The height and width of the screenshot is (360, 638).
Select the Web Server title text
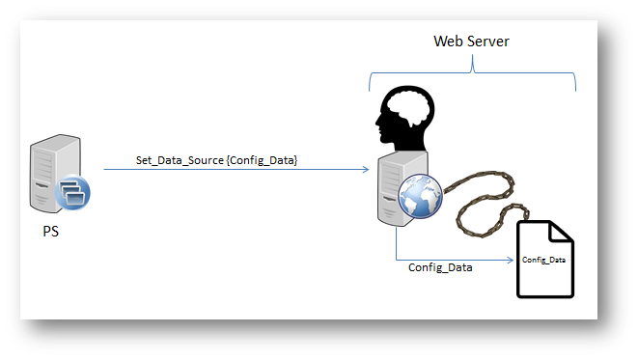point(470,42)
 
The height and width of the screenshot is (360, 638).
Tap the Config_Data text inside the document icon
point(543,260)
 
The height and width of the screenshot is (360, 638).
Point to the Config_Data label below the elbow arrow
point(440,267)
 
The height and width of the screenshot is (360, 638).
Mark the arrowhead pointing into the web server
point(366,170)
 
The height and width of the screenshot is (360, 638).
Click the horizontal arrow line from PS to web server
point(241,170)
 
